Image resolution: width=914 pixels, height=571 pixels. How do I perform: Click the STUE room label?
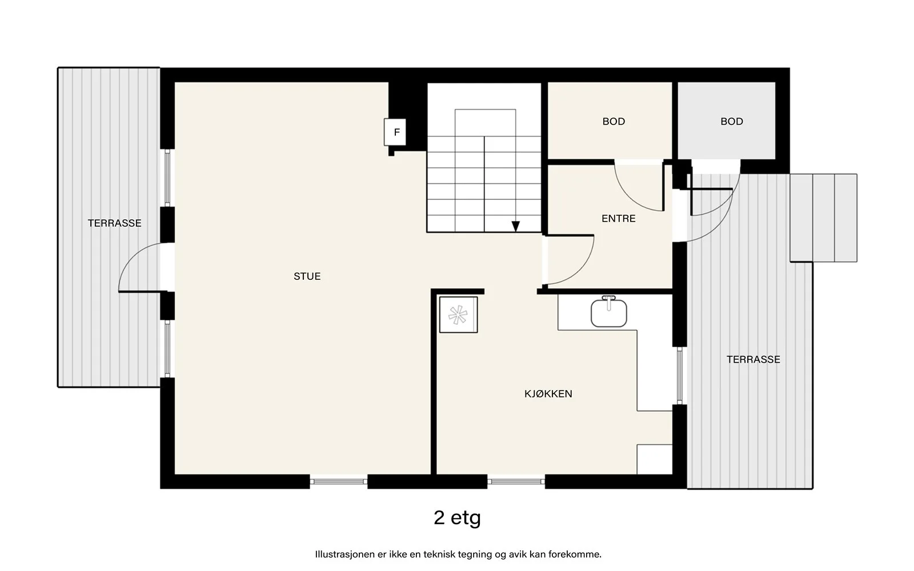[307, 276]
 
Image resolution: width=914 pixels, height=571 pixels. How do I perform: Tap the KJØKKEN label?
[548, 393]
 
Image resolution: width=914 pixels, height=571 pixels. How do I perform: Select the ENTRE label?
[619, 219]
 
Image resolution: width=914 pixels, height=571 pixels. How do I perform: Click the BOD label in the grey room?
[732, 122]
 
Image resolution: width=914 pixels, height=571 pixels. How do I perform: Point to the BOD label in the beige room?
[614, 122]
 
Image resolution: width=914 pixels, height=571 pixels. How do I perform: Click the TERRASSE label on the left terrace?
[115, 223]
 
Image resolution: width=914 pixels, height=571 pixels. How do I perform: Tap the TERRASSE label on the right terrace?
[753, 359]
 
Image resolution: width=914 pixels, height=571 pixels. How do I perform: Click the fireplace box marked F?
[395, 132]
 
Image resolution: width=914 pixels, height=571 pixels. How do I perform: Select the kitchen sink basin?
[609, 313]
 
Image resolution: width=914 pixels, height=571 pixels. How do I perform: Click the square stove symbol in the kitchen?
[458, 315]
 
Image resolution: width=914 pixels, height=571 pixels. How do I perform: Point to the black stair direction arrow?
[516, 226]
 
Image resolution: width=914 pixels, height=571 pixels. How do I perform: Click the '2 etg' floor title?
[457, 518]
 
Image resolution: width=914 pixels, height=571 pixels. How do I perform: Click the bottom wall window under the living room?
[339, 482]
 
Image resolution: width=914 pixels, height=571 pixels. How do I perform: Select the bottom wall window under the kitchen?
[516, 482]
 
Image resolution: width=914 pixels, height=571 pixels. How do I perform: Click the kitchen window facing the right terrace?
[679, 376]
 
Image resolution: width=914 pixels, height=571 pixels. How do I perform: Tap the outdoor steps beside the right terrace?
[823, 218]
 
